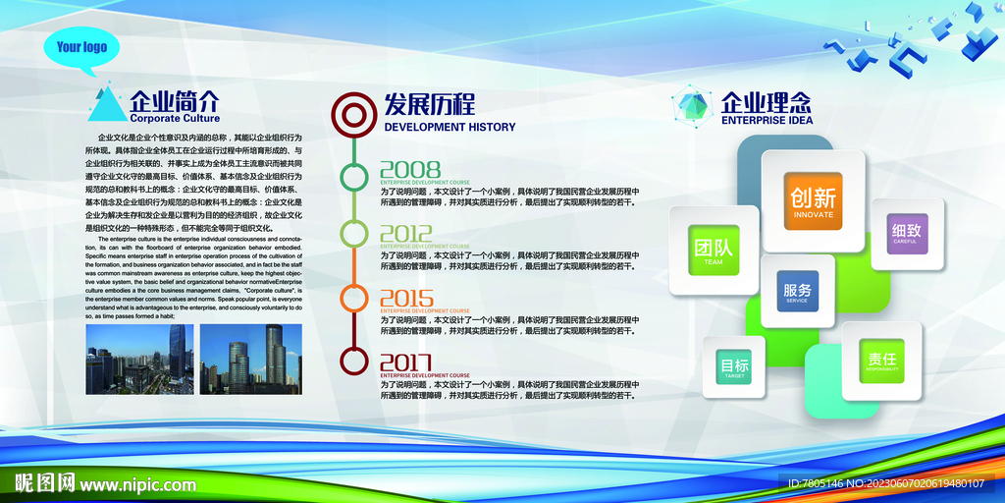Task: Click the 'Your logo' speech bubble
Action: pos(81,47)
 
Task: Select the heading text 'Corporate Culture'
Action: pos(175,118)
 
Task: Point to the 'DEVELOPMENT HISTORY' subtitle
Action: pos(450,127)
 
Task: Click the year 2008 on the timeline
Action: pos(410,169)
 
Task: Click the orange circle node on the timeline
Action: pos(352,297)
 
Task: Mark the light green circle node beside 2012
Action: pos(352,233)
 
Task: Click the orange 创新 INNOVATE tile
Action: pos(813,200)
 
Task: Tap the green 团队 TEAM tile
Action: pos(714,250)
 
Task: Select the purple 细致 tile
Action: pos(907,234)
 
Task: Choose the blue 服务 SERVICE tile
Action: pos(797,292)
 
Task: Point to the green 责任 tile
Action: pos(881,360)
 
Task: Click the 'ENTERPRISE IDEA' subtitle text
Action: pos(767,121)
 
